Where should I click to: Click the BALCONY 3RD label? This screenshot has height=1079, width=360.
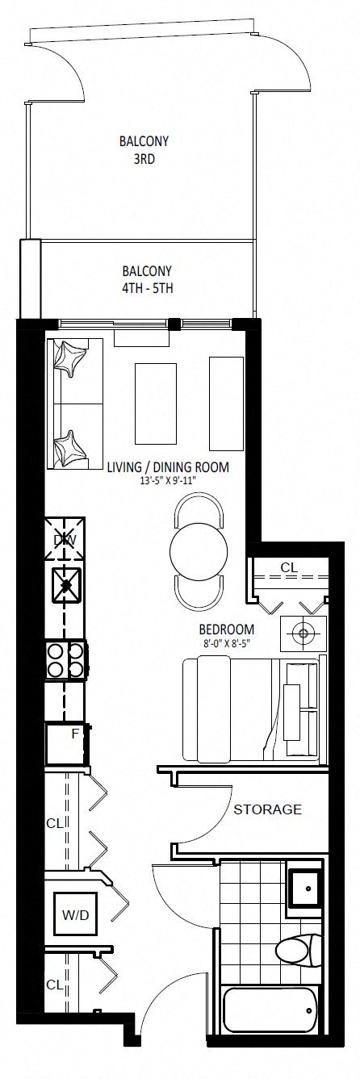coord(144,150)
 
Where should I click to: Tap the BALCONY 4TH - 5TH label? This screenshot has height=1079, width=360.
coord(147,279)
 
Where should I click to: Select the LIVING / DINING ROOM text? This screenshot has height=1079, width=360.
coord(168,466)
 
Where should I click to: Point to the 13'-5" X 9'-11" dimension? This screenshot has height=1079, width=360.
coord(168,480)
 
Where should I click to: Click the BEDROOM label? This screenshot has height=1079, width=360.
coord(227,629)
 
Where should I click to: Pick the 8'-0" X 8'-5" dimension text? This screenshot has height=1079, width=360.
coord(227,642)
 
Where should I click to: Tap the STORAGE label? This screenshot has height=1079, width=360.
coord(267,809)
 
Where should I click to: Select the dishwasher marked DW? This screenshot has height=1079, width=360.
coord(65,539)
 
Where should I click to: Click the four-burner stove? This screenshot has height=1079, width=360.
coord(66,660)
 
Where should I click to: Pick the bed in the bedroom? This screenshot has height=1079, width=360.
coord(251,710)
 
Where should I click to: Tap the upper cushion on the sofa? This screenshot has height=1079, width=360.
coord(70,357)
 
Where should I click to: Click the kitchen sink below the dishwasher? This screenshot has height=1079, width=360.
coord(66,584)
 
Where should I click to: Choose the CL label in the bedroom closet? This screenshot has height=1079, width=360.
coord(289,568)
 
